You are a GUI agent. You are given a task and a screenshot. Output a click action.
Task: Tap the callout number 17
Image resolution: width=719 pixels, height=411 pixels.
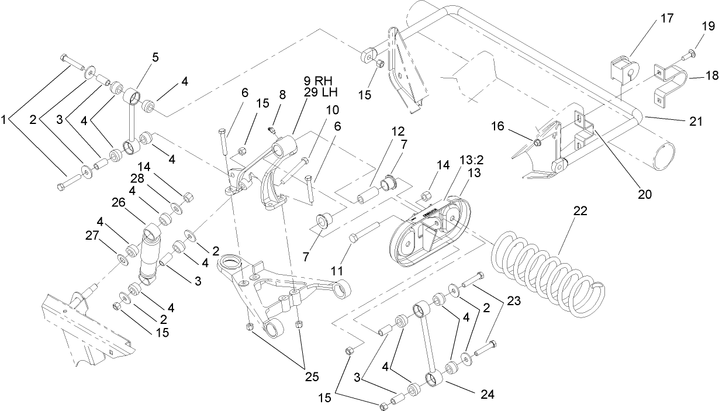[667, 19]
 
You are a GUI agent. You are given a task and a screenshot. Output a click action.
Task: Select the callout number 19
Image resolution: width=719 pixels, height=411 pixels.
[707, 26]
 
